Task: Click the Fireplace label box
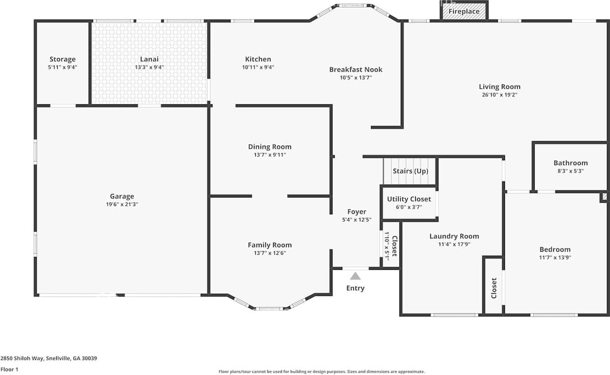(464, 11)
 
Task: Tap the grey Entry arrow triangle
(356, 276)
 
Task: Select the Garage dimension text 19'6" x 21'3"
(122, 204)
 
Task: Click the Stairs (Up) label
(410, 171)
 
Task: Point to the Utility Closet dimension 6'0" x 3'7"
(409, 207)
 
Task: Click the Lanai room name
(149, 59)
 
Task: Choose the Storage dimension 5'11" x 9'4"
(62, 67)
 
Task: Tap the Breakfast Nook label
(356, 70)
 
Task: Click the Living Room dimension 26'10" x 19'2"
(499, 95)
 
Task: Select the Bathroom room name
(570, 163)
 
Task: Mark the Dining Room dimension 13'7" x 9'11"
(270, 155)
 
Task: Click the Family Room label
(270, 245)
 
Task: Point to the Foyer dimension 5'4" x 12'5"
(357, 220)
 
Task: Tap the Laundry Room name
(454, 236)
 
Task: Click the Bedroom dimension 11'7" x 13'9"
(555, 258)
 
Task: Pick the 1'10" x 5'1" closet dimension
(386, 246)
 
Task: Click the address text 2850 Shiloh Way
(22, 358)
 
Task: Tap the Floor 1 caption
(9, 370)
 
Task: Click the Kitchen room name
(258, 59)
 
